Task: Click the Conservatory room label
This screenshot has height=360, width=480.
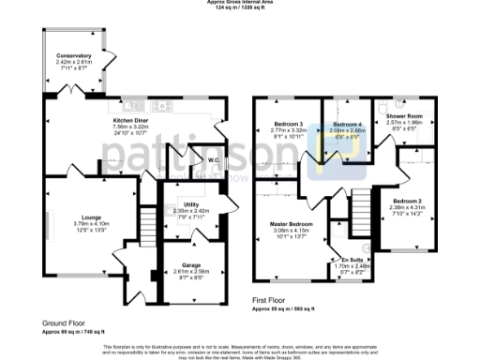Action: (73, 56)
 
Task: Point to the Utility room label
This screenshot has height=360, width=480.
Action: (191, 203)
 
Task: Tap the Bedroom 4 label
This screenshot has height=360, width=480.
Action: (347, 125)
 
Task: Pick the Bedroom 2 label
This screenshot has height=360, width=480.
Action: (407, 202)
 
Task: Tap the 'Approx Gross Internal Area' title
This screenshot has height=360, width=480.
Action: (240, 3)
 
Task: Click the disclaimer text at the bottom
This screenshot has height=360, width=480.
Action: (240, 350)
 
